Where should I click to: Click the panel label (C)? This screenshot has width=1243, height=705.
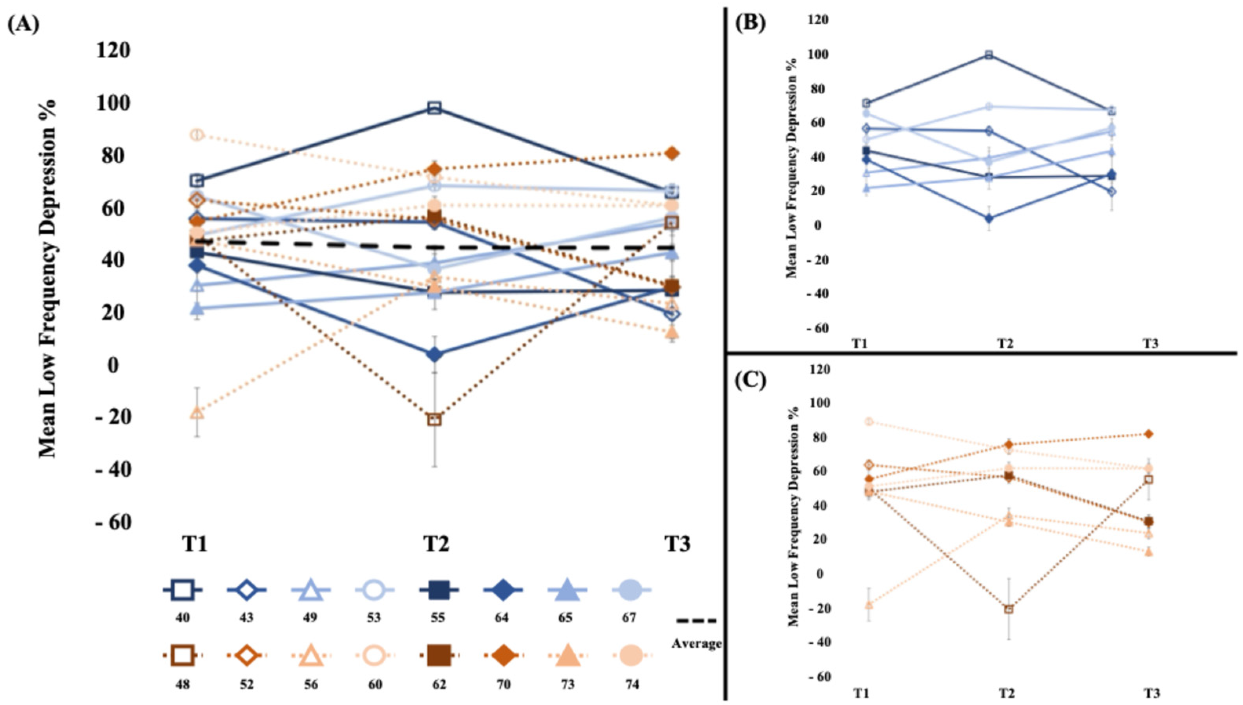point(750,381)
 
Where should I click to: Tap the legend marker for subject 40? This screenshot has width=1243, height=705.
point(183,590)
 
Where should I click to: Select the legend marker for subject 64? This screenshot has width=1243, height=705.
point(502,590)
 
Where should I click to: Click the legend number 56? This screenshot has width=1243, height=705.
point(310,685)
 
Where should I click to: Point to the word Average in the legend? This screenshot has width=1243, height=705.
point(696,644)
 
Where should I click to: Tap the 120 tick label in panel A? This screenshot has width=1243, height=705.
point(113,50)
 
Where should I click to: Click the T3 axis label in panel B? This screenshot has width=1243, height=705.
point(1151,344)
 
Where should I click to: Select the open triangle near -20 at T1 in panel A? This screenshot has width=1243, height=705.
point(197,413)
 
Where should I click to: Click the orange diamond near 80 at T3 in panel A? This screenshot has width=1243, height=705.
point(672,153)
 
